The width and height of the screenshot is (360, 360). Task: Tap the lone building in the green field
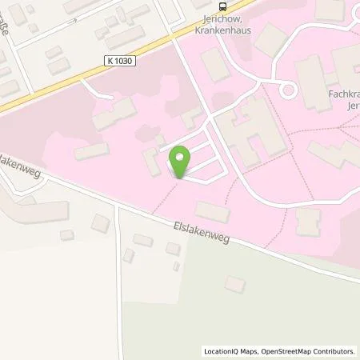coord(234,284)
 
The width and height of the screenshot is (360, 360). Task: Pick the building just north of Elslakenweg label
coord(211,211)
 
